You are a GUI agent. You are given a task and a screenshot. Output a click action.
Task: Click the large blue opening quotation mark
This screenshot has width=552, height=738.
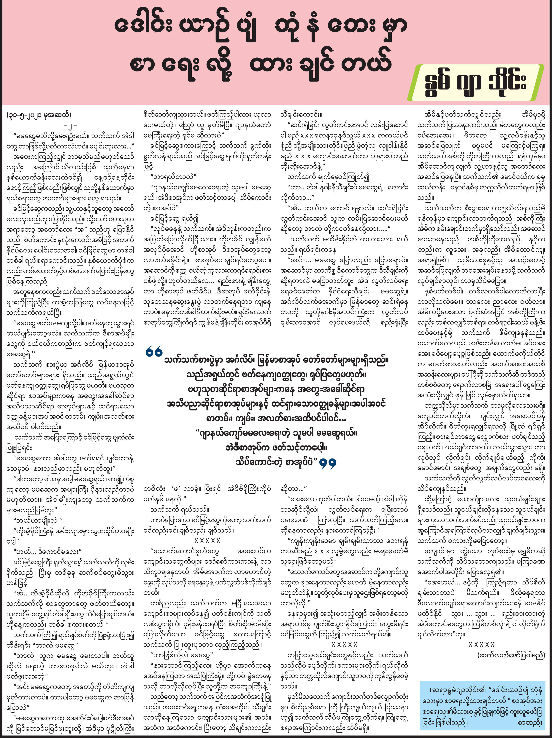click(x=154, y=352)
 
